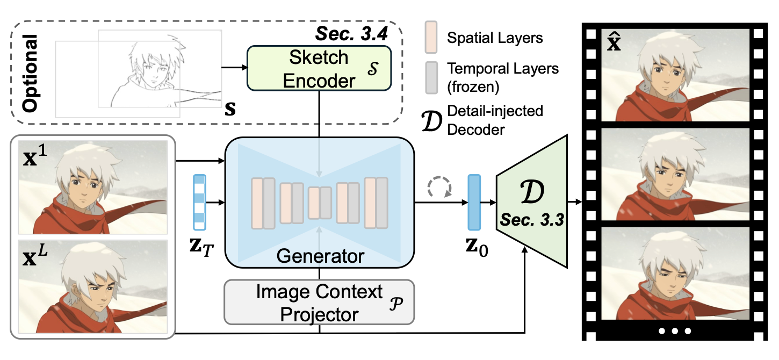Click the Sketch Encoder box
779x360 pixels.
pos(319,68)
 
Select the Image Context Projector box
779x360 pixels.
pos(319,303)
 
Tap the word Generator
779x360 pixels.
pos(320,256)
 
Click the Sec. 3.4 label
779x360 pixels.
pos(351,34)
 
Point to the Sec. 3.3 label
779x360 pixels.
pos(532,220)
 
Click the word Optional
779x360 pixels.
pos(30,74)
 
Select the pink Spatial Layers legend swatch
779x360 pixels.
pos(431,37)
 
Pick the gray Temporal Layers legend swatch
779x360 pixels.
pos(431,78)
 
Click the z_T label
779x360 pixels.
pos(201,247)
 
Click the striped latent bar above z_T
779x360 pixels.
pos(199,202)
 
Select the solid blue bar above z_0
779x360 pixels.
pos(474,202)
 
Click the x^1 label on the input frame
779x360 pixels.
pos(35,156)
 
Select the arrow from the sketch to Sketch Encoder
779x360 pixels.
pos(234,67)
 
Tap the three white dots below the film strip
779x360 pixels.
pos(675,331)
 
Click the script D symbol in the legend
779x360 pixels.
pos(431,121)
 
